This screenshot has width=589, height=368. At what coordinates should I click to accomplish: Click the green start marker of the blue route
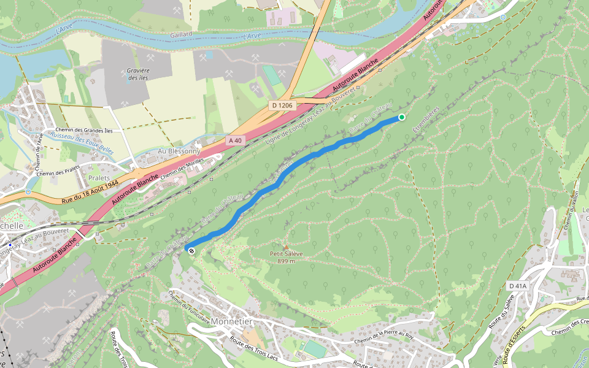[401, 117]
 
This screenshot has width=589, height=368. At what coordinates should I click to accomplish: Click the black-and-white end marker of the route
[192, 250]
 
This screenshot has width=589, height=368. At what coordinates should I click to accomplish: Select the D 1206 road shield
[283, 105]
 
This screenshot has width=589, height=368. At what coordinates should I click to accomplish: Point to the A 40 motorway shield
[235, 140]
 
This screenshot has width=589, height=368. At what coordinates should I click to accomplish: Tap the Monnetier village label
[231, 321]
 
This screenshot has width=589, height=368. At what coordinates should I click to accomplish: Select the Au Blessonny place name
[179, 151]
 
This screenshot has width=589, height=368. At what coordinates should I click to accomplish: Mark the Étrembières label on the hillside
[426, 121]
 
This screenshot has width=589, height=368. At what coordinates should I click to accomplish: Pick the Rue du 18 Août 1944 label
[90, 192]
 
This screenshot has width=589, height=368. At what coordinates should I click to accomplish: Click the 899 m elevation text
[286, 261]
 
